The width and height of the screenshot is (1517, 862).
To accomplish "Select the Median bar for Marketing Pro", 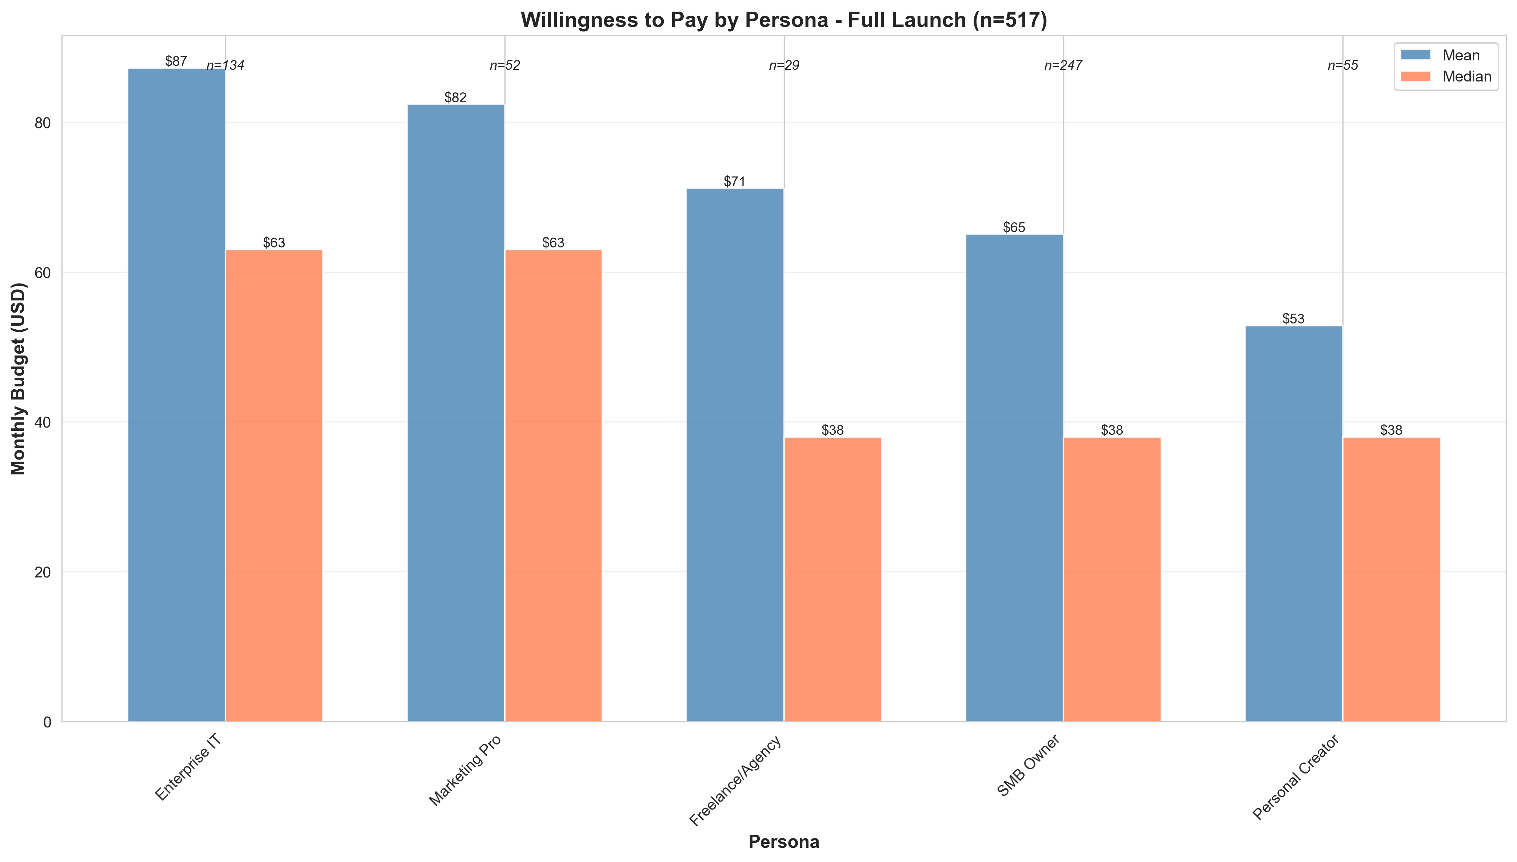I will pyautogui.click(x=553, y=485).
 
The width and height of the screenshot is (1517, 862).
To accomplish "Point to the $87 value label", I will pyautogui.click(x=176, y=61).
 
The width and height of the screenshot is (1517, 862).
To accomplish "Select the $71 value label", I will pyautogui.click(x=735, y=182).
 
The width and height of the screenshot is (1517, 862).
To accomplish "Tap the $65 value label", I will pyautogui.click(x=1014, y=228).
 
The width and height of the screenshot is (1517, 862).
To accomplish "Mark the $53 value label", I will pyautogui.click(x=1293, y=319).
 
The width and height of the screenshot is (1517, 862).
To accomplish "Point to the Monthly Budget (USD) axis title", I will pyautogui.click(x=19, y=379).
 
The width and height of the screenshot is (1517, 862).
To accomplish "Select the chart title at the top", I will pyautogui.click(x=784, y=20).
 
